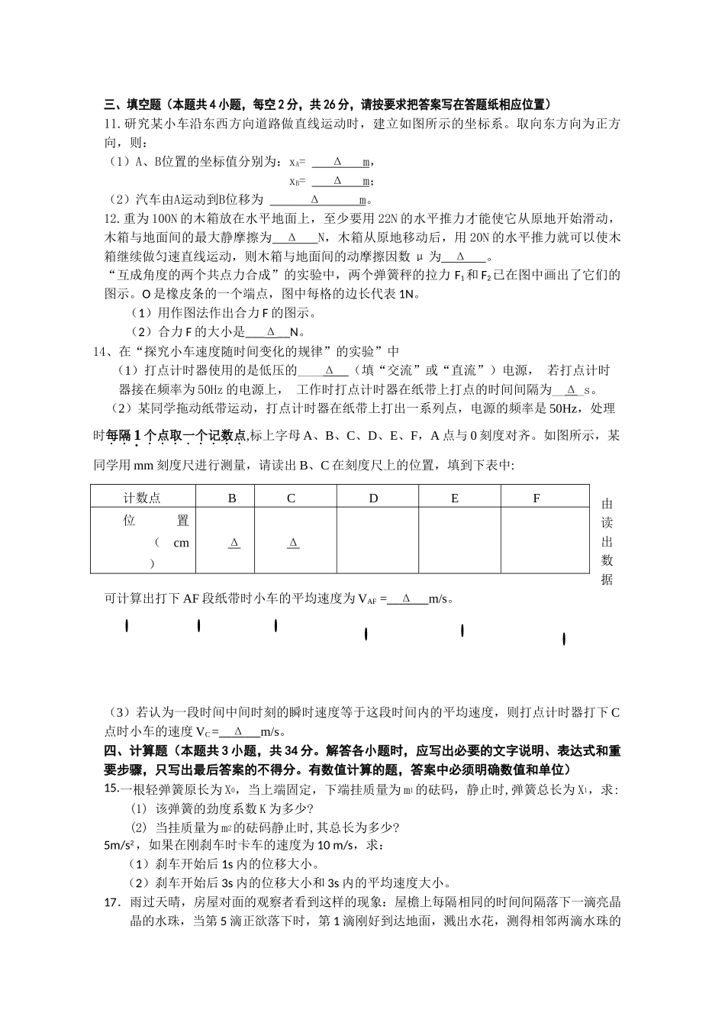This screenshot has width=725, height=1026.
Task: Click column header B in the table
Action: pos(233,498)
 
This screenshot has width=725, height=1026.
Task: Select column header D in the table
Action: pos(373,498)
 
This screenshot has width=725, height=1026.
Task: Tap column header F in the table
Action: pos(536,498)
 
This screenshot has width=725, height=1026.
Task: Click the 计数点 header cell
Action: pos(143,498)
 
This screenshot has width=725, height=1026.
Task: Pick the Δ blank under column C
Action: pos(293,543)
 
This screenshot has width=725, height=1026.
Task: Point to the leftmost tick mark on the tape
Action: pos(127,627)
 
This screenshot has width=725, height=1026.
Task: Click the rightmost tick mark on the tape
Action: pos(564,639)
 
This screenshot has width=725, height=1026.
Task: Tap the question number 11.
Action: pos(111,124)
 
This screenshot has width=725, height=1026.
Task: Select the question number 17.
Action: pos(111,902)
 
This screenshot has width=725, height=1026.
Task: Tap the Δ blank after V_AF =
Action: pos(406,599)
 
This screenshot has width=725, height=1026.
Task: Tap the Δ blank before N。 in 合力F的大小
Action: pos(271,332)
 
